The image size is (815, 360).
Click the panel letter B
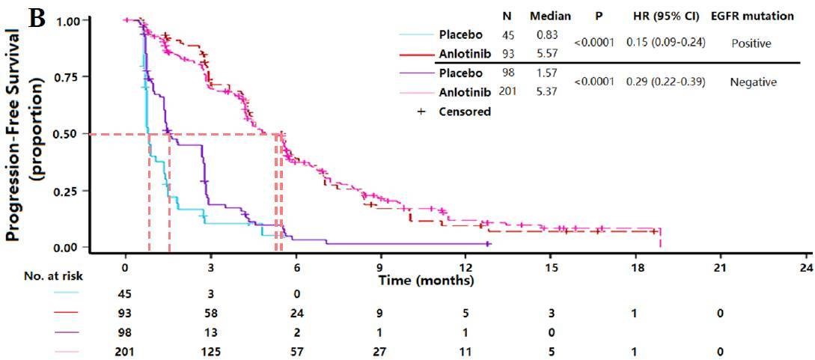[37, 17]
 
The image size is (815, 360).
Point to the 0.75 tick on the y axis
[65, 78]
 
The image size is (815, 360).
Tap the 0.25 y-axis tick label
[65, 191]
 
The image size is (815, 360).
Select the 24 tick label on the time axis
[806, 268]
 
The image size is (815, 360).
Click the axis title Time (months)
[426, 281]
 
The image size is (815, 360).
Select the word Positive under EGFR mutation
[751, 43]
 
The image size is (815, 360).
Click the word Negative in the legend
[753, 82]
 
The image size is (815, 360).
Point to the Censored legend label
[466, 112]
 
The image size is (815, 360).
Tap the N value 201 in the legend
[507, 92]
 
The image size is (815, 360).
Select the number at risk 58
[211, 312]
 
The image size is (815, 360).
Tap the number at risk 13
[211, 331]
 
